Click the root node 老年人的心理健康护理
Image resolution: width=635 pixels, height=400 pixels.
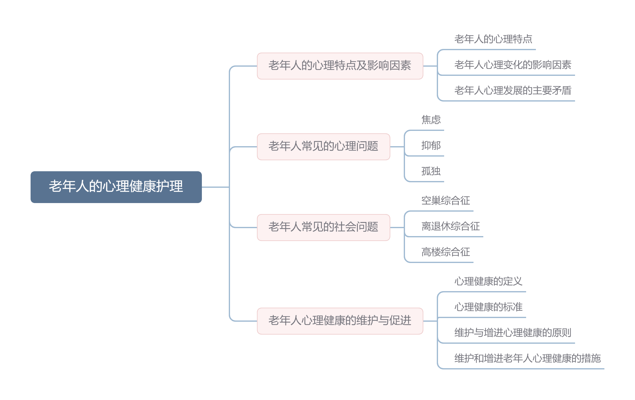pyautogui.click(x=116, y=187)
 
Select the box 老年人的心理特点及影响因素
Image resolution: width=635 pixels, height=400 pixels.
pyautogui.click(x=340, y=66)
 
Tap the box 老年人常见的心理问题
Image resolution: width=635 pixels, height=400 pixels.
pyautogui.click(x=323, y=146)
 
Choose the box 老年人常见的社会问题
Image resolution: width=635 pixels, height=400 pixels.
pyautogui.click(x=323, y=227)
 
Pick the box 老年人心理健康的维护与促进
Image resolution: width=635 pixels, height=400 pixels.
pyautogui.click(x=340, y=321)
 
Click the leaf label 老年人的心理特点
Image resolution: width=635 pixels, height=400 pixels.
pyautogui.click(x=493, y=39)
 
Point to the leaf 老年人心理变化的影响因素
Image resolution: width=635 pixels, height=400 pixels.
pyautogui.click(x=513, y=65)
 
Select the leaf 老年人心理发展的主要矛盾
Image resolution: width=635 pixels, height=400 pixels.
pyautogui.click(x=513, y=91)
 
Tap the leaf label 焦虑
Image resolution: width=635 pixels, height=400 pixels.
pyautogui.click(x=431, y=120)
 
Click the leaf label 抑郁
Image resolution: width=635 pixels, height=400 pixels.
pyautogui.click(x=431, y=145)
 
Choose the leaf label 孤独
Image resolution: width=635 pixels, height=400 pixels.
pyautogui.click(x=431, y=171)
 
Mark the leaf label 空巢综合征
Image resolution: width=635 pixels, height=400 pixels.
pyautogui.click(x=446, y=201)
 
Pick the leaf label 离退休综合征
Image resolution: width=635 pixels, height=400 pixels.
pyautogui.click(x=451, y=226)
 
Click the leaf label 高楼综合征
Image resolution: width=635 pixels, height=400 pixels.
pyautogui.click(x=446, y=252)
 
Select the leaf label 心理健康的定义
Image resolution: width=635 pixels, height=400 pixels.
pyautogui.click(x=488, y=281)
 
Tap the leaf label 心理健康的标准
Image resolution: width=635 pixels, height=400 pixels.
pyautogui.click(x=488, y=307)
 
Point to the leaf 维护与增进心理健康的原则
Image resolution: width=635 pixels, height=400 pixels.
pyautogui.click(x=513, y=333)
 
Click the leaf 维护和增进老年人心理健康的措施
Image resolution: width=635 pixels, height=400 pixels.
pyautogui.click(x=527, y=358)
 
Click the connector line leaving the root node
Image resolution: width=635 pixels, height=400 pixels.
pyautogui.click(x=215, y=187)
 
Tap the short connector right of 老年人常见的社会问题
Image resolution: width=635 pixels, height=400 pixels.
pyautogui.click(x=397, y=227)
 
